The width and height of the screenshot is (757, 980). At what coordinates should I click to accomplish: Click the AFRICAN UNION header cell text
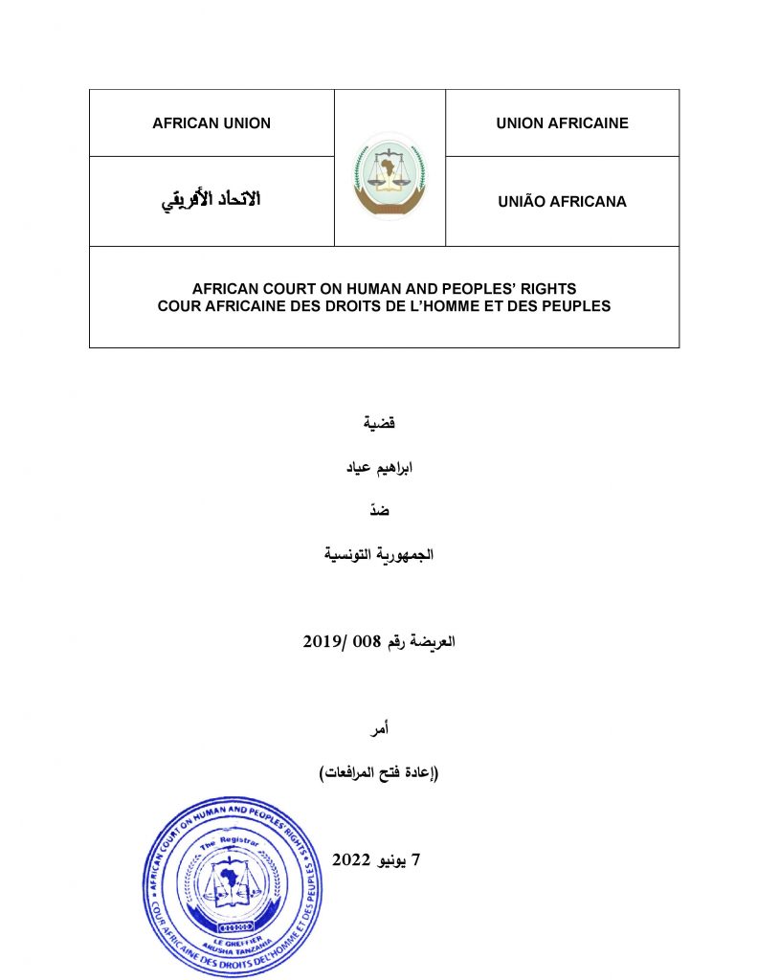(212, 123)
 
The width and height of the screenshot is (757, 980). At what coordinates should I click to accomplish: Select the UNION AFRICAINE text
(562, 123)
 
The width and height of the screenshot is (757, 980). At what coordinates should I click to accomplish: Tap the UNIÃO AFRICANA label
(562, 202)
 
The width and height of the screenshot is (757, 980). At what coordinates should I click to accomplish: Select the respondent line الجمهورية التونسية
(379, 555)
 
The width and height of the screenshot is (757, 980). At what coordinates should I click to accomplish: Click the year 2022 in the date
(350, 858)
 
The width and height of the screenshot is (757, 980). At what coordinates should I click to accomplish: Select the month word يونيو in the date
(396, 858)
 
